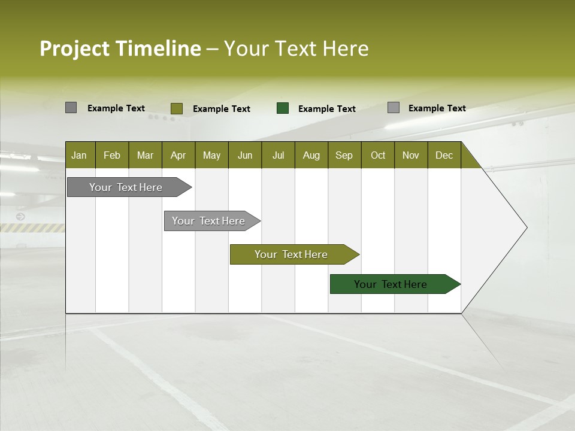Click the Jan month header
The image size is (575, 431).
79,155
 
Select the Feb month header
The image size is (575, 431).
112,155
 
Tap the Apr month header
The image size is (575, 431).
178,155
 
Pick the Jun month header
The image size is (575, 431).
244,155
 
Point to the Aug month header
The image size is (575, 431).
311,155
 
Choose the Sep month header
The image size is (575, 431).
344,155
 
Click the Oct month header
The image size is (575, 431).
377,155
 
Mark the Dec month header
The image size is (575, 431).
444,155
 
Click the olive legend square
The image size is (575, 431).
177,108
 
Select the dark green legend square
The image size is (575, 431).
283,108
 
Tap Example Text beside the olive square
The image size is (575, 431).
221,109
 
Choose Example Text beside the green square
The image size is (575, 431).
326,109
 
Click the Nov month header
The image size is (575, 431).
410,155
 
